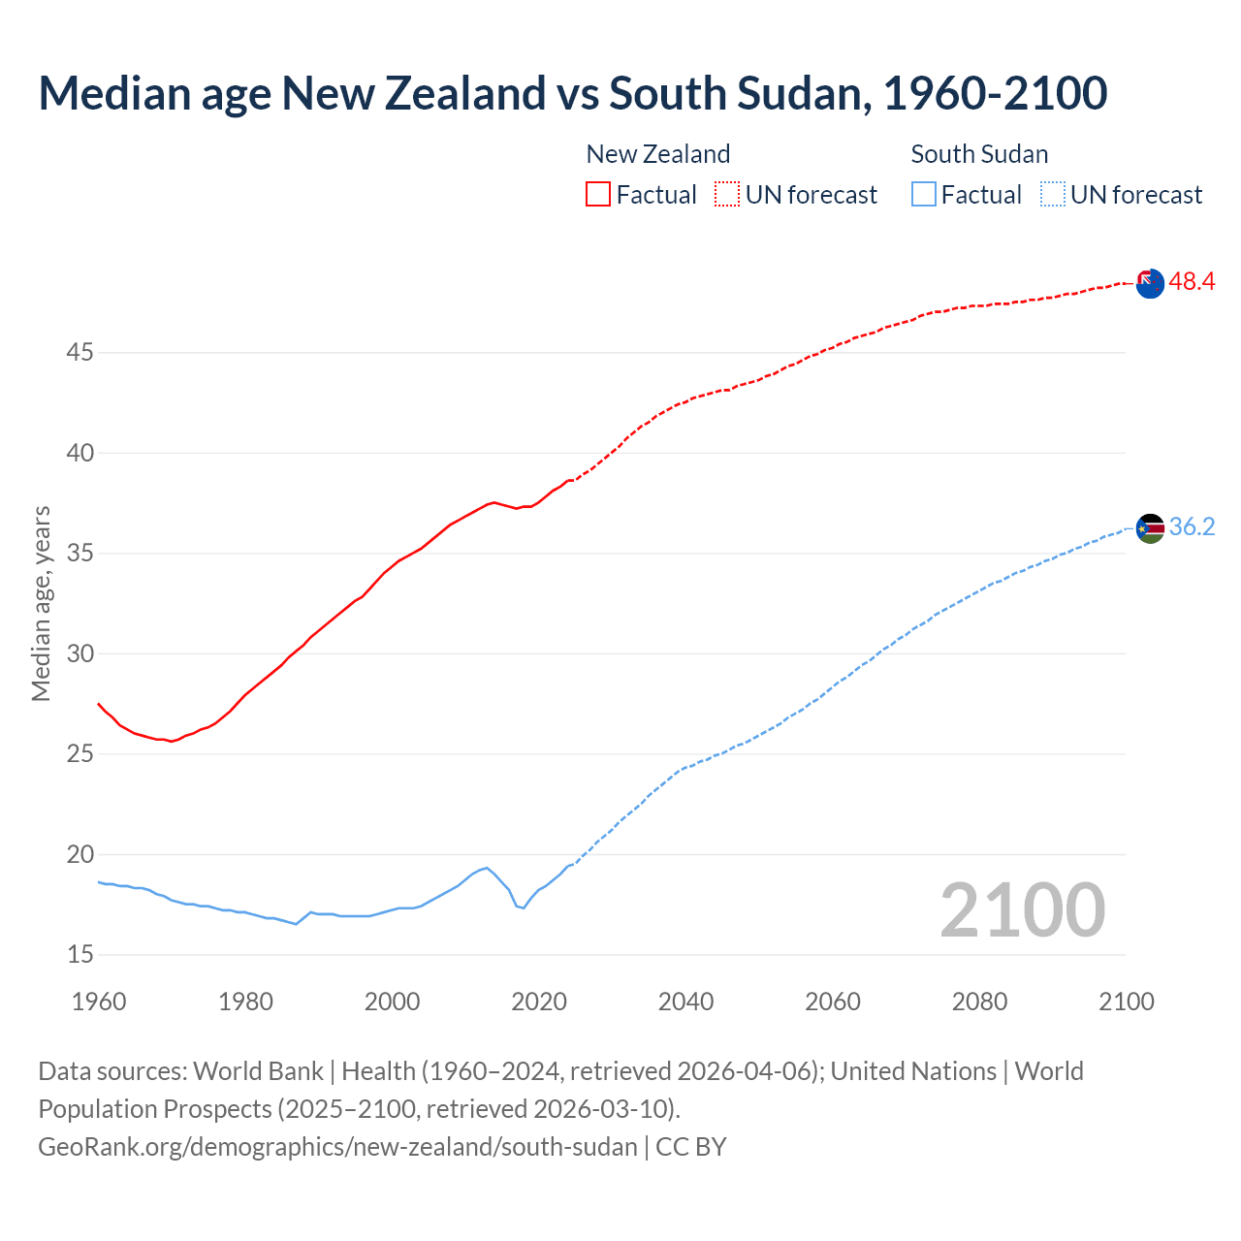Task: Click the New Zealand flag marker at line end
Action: (1150, 283)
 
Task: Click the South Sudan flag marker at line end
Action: (1150, 528)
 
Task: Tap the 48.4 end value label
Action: (1192, 282)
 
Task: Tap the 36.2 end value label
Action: (1192, 527)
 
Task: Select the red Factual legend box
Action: (598, 194)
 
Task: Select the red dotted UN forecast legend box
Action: (727, 194)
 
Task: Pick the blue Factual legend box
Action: (924, 194)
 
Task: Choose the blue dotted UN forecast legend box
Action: (1052, 194)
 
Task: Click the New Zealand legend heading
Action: (657, 154)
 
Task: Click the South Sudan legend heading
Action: (979, 154)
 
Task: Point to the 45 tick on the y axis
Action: (80, 353)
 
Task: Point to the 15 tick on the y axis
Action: (80, 955)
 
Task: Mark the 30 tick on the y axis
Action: (80, 653)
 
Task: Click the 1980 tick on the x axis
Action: (245, 1002)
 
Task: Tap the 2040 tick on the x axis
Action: (685, 1002)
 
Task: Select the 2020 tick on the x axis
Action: (539, 1002)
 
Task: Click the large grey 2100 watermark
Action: (1022, 909)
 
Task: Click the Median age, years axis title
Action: (41, 603)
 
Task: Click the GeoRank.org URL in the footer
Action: (337, 1147)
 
